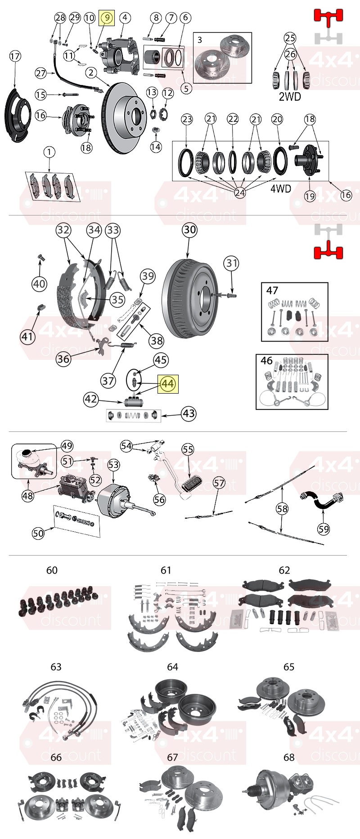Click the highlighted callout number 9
(x=107, y=18)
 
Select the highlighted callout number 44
(x=167, y=384)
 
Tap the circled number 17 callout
(x=15, y=56)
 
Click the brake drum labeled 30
(x=189, y=299)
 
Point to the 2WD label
(x=290, y=97)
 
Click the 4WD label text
(x=280, y=188)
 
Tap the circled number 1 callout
(x=49, y=152)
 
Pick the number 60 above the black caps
(x=52, y=570)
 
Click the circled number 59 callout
(x=324, y=529)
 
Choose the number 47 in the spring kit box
(x=272, y=291)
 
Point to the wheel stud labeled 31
(x=227, y=295)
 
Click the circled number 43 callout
(x=189, y=413)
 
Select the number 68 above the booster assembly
(x=289, y=757)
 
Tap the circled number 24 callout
(x=240, y=193)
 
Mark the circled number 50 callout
(x=38, y=533)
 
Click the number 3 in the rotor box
(x=200, y=40)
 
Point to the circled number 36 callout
(x=63, y=359)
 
